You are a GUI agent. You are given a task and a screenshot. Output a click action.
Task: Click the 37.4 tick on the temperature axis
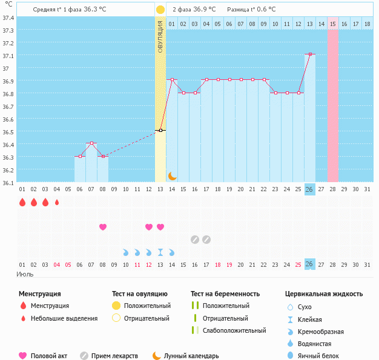[8, 18]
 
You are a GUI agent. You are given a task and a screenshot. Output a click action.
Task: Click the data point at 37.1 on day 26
[310, 54]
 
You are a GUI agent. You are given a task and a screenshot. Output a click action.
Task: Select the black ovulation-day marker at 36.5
[160, 130]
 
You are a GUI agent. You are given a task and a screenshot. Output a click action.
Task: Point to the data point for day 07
[91, 143]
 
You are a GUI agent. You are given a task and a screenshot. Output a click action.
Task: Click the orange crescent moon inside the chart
[173, 176]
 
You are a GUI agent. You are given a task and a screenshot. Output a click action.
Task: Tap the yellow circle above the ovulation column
[160, 10]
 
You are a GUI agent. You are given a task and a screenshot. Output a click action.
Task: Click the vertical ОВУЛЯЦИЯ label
[160, 36]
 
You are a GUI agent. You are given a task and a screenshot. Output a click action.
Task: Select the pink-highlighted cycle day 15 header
[333, 24]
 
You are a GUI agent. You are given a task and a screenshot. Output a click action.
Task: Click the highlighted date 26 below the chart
[309, 264]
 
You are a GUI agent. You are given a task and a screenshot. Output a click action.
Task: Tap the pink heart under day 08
[103, 227]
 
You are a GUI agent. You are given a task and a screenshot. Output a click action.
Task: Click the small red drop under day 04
[57, 203]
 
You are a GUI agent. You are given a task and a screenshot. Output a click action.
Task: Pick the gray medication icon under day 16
[195, 240]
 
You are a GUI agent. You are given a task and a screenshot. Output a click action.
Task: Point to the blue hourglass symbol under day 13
[160, 252]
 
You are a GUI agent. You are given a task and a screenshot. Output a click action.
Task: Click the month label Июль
[24, 274]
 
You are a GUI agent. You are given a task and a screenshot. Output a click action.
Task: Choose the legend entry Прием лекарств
[114, 356]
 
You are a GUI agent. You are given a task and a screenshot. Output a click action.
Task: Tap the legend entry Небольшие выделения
[64, 318]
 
